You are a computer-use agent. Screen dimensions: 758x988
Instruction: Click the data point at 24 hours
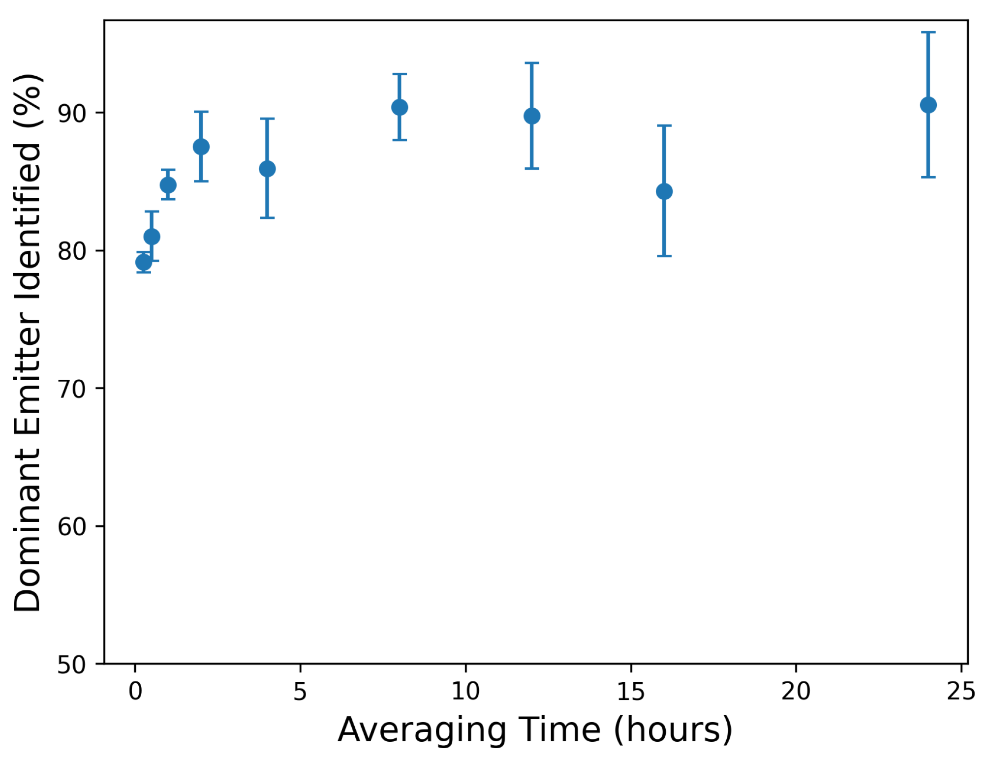[x=928, y=105]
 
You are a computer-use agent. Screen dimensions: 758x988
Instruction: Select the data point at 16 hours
[x=664, y=191]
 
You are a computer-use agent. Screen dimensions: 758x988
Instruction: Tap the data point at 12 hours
[x=531, y=116]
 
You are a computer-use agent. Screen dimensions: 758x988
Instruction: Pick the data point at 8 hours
[x=399, y=107]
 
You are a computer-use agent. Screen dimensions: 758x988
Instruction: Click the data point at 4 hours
[x=267, y=169]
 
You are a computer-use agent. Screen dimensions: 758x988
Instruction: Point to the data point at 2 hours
[x=201, y=147]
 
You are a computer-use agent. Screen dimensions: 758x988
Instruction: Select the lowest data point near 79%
[x=143, y=262]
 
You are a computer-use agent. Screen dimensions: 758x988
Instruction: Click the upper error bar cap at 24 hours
[x=928, y=32]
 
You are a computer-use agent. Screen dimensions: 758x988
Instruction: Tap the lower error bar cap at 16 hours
[x=664, y=256]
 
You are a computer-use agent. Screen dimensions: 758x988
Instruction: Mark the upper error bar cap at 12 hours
[x=531, y=63]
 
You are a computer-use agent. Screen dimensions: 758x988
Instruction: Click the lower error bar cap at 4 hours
[x=267, y=217]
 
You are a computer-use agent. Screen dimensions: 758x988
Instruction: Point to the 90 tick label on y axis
[x=71, y=114]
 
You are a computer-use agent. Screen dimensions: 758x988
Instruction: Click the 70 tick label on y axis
[x=71, y=389]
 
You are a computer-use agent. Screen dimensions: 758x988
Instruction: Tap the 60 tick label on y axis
[x=71, y=527]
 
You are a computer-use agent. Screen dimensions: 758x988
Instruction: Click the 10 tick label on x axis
[x=465, y=692]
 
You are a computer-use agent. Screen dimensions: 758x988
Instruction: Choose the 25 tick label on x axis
[x=960, y=692]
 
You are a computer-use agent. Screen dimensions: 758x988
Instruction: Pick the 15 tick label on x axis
[x=630, y=692]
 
